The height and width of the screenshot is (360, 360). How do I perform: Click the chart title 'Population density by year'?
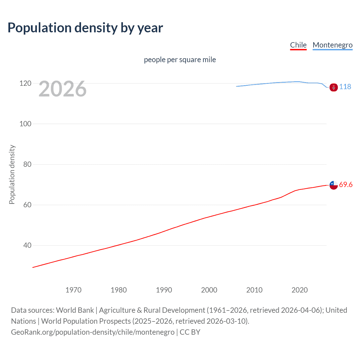pos(85,28)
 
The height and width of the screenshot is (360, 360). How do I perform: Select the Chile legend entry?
pos(298,45)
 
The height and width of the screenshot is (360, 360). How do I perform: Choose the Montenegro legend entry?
pos(332,45)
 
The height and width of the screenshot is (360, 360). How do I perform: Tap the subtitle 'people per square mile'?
pos(180,60)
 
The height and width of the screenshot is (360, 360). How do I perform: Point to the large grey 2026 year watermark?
pos(62,89)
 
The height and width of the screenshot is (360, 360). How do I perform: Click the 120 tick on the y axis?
pos(25,84)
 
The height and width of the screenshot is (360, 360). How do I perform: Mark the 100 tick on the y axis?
pos(25,124)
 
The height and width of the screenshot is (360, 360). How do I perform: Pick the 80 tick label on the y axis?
pos(27,165)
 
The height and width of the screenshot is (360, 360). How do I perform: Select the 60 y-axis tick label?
pos(27,205)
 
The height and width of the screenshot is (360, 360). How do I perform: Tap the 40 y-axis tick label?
pos(27,246)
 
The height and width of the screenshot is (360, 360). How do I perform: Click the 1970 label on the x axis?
pos(73,290)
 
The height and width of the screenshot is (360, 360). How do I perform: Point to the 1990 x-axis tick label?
pos(164,290)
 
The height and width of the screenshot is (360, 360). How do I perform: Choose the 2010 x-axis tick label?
pos(254,290)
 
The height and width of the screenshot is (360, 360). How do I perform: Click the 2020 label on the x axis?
pos(300,290)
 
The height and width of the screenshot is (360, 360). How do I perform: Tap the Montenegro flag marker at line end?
pos(334,87)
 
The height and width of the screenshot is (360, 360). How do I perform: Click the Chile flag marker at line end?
pos(334,185)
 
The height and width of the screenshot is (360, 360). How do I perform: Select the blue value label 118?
pos(345,87)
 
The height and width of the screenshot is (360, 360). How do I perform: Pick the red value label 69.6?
pos(346,184)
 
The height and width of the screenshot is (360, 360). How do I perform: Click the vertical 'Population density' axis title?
pos(12,174)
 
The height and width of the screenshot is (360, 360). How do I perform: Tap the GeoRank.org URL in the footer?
pos(93,332)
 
